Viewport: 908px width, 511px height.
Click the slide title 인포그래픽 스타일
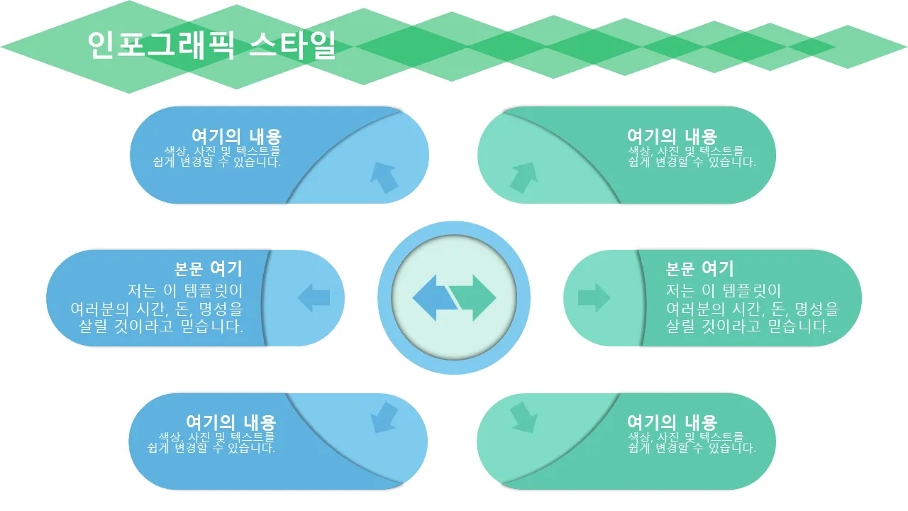pos(211,45)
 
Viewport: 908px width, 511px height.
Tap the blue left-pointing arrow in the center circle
pos(433,298)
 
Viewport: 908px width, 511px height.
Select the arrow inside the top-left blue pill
pos(384,177)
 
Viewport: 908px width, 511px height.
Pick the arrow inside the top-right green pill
pos(524,177)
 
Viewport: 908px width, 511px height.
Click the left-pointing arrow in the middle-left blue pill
pos(314,297)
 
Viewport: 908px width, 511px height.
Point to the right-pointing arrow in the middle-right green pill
pos(594,297)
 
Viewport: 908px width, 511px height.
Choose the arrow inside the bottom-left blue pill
pos(384,418)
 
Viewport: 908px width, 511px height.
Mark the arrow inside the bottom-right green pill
pos(524,418)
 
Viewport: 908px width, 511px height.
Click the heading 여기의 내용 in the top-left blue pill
pos(236,137)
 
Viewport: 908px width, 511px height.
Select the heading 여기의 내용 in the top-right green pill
pos(672,137)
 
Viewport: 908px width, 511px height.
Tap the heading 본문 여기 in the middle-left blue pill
pos(209,269)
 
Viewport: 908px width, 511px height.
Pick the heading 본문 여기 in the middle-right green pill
pos(700,269)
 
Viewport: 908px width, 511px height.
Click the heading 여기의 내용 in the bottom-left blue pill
pos(231,422)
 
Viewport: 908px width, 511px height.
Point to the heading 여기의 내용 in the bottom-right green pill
pos(672,422)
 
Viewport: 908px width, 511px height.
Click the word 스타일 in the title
pos(292,45)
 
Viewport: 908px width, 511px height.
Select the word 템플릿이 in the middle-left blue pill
pos(214,291)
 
